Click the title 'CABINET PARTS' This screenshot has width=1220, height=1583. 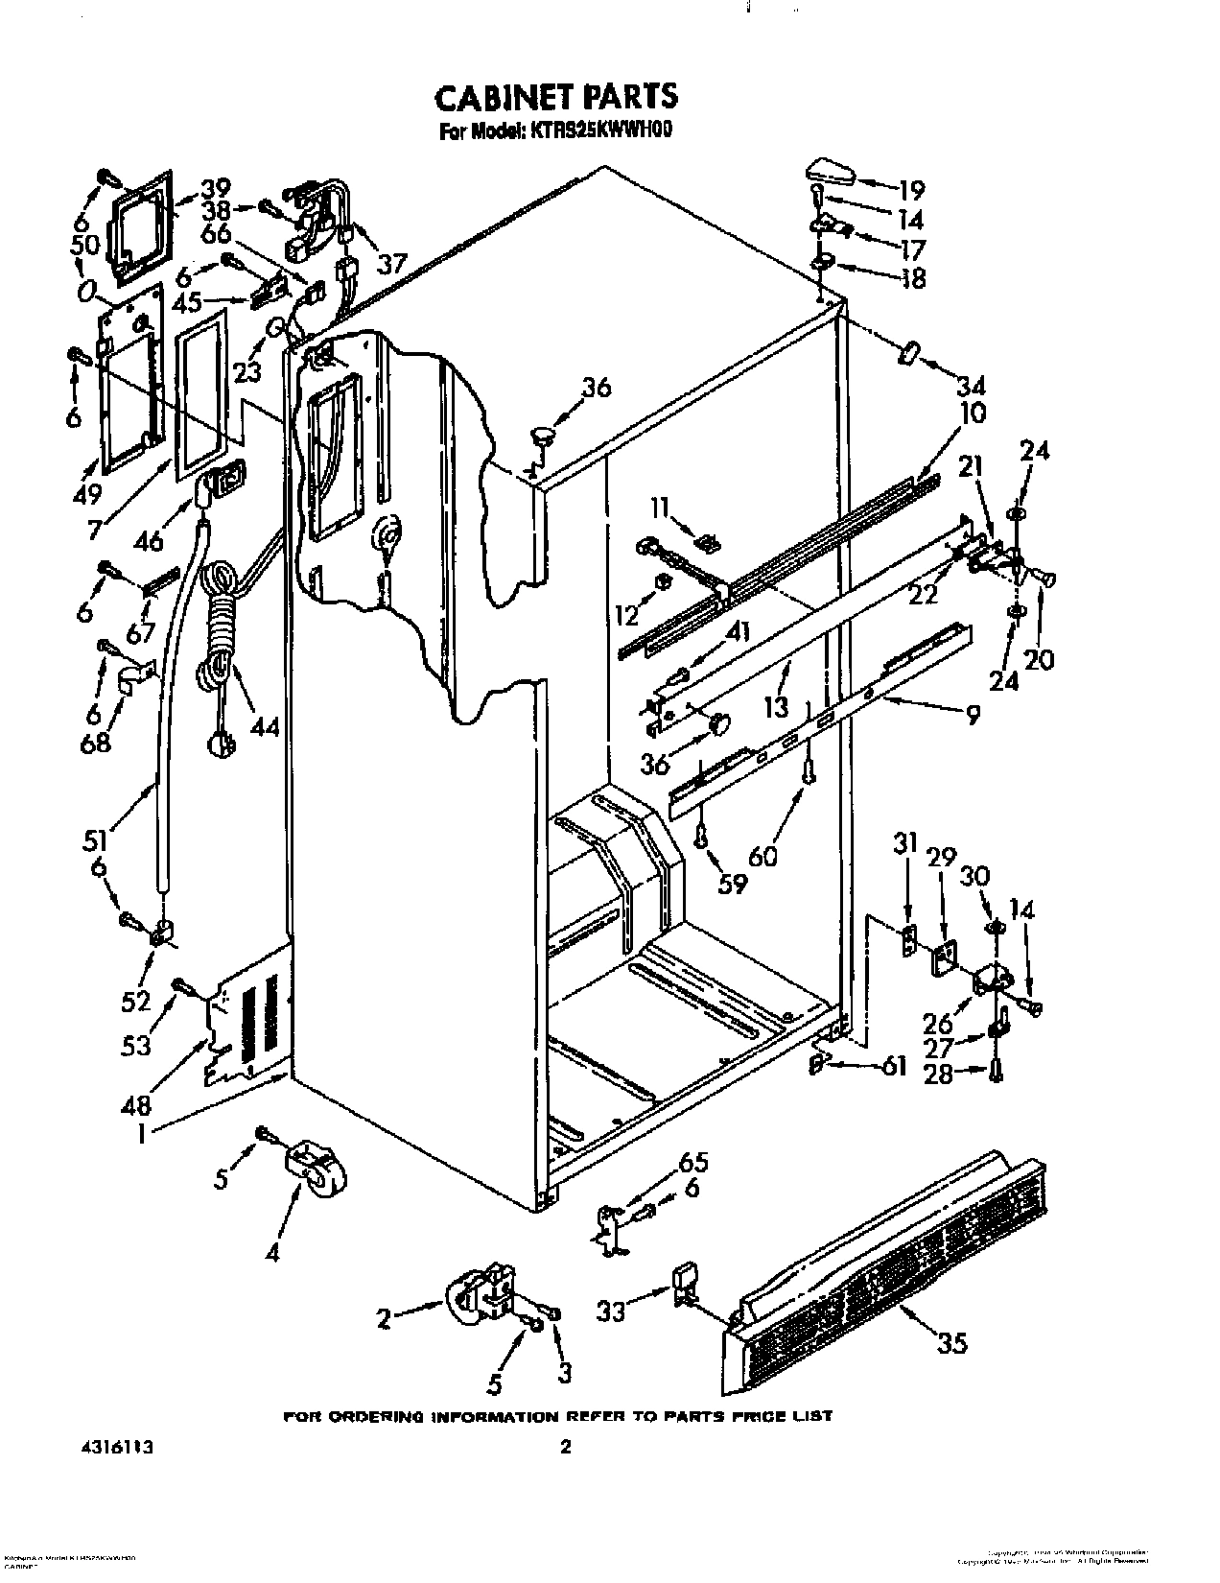[x=555, y=97]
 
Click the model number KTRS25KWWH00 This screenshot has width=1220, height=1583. [x=595, y=132]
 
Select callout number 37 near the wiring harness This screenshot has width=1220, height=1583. [x=391, y=262]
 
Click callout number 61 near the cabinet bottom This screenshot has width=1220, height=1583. [x=893, y=1065]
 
